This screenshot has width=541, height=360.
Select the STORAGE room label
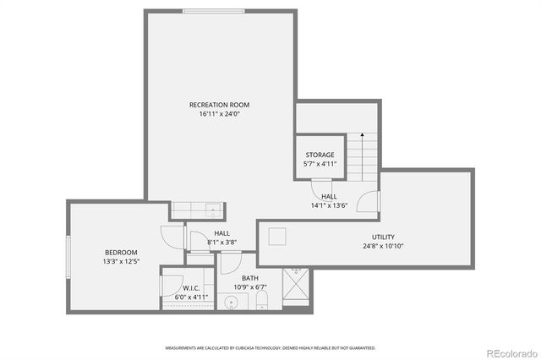[x=320, y=155]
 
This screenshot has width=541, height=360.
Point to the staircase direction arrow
[x=363, y=135]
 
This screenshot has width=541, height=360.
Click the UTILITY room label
[x=383, y=237]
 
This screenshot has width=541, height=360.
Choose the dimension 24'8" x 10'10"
[x=383, y=247]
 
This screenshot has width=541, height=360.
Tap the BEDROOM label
[x=121, y=253]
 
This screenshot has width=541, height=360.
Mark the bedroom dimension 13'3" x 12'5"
[x=121, y=262]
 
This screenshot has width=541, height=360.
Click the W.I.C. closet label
[x=190, y=287]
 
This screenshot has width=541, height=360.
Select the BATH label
[x=250, y=278]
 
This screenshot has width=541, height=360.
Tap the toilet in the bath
[x=263, y=302]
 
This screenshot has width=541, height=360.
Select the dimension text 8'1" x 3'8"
[x=221, y=243]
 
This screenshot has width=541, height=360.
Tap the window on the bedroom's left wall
[x=68, y=257]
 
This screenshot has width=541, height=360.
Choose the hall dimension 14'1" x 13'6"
[x=329, y=205]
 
